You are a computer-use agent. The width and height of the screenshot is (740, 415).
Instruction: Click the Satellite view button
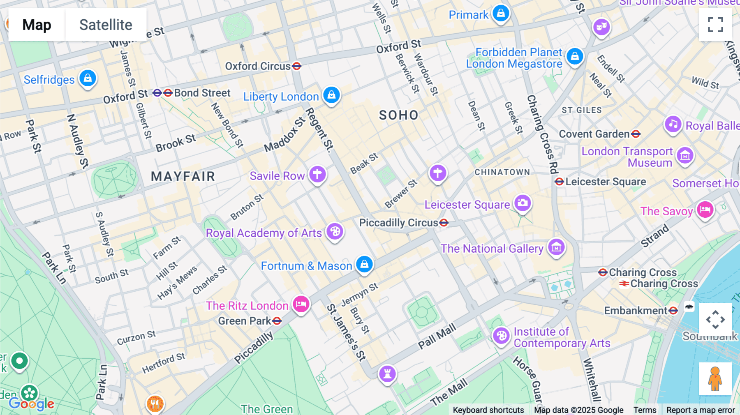click(x=106, y=25)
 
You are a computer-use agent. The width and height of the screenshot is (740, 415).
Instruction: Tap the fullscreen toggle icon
click(x=715, y=25)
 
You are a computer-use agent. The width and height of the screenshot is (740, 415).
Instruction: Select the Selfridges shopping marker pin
click(x=88, y=78)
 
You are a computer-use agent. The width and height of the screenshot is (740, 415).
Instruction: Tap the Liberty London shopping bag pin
click(x=331, y=95)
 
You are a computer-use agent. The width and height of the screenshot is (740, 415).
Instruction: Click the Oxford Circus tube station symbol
click(x=297, y=66)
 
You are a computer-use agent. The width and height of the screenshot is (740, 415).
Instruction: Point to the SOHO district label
click(x=398, y=115)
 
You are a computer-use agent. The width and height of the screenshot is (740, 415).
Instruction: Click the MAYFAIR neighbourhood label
click(x=183, y=177)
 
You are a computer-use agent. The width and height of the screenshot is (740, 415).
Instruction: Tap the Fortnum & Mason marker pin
click(x=364, y=264)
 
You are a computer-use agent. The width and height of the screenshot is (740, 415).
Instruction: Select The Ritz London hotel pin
click(x=301, y=304)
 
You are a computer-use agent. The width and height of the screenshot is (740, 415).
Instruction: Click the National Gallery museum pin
click(x=556, y=247)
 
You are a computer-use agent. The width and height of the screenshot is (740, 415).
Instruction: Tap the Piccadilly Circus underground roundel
click(x=444, y=223)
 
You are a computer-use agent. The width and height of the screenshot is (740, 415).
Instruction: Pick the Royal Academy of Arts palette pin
click(x=335, y=231)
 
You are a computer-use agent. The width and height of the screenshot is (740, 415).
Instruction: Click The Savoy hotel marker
click(x=705, y=210)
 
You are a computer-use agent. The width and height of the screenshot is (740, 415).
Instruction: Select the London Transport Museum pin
click(x=685, y=155)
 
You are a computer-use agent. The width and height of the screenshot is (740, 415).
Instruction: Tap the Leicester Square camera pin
click(x=523, y=203)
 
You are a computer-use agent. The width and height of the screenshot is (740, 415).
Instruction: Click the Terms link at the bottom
click(x=645, y=410)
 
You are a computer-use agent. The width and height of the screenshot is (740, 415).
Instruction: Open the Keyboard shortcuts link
click(x=488, y=410)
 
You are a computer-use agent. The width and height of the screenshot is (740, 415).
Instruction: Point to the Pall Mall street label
click(x=437, y=336)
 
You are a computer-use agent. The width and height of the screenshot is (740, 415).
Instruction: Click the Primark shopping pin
click(x=501, y=13)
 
